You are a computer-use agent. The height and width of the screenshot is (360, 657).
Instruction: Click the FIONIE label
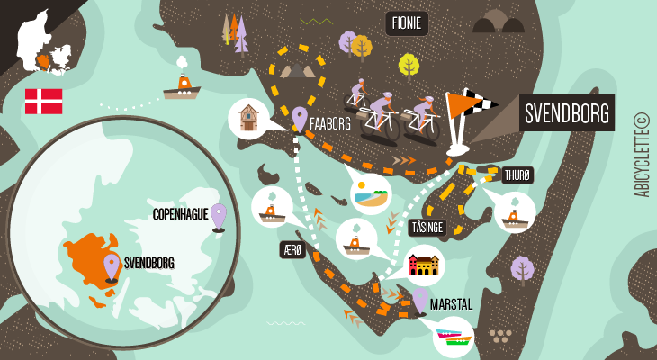pos(407,23)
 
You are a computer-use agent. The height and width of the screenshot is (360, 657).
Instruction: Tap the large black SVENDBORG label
pos(567,113)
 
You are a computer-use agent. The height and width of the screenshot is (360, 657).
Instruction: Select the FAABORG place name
pos(330,124)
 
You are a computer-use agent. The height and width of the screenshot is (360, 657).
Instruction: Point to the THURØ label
pos(517,175)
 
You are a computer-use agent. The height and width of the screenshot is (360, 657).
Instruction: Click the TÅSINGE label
pos(427,228)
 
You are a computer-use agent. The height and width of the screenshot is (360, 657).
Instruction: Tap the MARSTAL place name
pos(451,305)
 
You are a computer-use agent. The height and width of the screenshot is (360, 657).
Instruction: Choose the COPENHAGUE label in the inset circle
pos(180,214)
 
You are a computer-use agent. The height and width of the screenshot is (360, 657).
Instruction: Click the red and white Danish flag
pos(43,101)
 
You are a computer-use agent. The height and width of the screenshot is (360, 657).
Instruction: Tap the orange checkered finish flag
pos(468,112)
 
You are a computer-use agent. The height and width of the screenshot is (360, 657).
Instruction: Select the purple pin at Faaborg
pos(300,118)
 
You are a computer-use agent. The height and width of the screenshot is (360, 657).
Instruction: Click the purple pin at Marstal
pos(419,300)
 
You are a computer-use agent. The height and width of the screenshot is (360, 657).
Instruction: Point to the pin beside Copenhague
pos(218,216)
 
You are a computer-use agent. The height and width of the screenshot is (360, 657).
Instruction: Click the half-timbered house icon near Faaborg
pos(248,119)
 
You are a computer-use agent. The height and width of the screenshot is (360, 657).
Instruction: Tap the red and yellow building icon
pos(423,265)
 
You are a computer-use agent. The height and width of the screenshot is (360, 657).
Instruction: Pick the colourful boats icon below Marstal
pos(453,337)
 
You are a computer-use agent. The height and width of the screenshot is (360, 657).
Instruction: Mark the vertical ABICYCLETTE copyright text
pos(641,155)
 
